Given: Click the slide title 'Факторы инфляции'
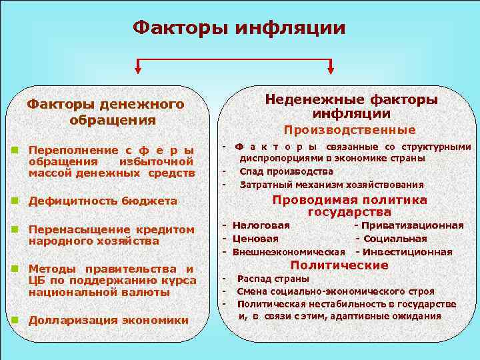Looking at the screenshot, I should coord(239,28).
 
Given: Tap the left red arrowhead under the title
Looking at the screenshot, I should coord(138,68).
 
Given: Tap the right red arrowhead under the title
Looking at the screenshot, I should coord(331,68).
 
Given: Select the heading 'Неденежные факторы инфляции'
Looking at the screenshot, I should coord(351,107).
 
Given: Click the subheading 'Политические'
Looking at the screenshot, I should coord(349,265).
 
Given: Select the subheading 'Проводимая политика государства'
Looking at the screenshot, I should coord(349,206).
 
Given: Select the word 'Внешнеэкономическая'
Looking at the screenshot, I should coord(288,252).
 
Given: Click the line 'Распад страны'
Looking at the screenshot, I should coord(273,279).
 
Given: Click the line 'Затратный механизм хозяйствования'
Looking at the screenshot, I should coord(331,185).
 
